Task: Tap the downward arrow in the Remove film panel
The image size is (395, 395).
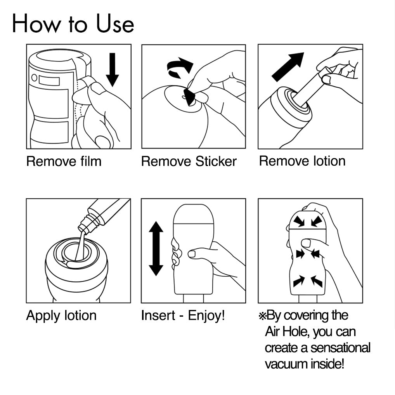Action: [x=113, y=70]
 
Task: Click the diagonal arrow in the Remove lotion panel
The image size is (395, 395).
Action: [x=288, y=67]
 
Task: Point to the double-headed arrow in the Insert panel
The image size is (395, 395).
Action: [x=156, y=249]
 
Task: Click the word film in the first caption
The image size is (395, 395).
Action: [x=91, y=161]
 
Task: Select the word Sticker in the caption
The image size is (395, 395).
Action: [x=216, y=161]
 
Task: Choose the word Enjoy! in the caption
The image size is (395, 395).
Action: [x=206, y=315]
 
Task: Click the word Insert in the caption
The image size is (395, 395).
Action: [x=158, y=315]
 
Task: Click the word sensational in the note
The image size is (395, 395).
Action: [x=340, y=348]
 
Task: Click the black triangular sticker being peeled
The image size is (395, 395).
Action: [x=189, y=97]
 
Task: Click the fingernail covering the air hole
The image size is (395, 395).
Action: [x=306, y=243]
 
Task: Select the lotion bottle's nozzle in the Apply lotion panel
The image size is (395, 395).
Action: [x=84, y=227]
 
